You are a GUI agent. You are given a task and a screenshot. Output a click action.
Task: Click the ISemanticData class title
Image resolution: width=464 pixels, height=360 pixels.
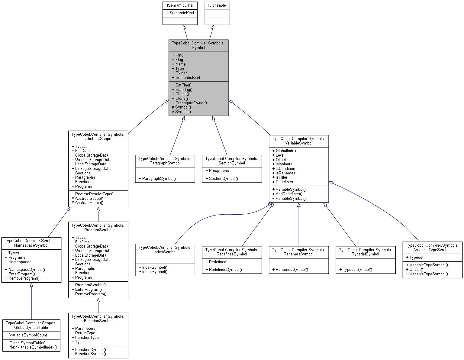[180, 5]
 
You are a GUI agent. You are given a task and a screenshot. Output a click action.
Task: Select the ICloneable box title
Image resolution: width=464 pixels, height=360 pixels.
[217, 5]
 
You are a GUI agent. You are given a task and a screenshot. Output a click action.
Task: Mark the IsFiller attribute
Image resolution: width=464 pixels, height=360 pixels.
[281, 177]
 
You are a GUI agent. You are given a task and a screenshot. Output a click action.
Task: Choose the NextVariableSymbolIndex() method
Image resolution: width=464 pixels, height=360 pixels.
[33, 347]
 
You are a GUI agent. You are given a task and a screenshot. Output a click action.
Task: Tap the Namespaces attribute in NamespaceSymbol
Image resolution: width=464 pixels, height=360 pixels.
[20, 262]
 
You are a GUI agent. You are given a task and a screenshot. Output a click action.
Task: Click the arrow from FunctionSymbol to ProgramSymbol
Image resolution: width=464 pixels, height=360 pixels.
[98, 305]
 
